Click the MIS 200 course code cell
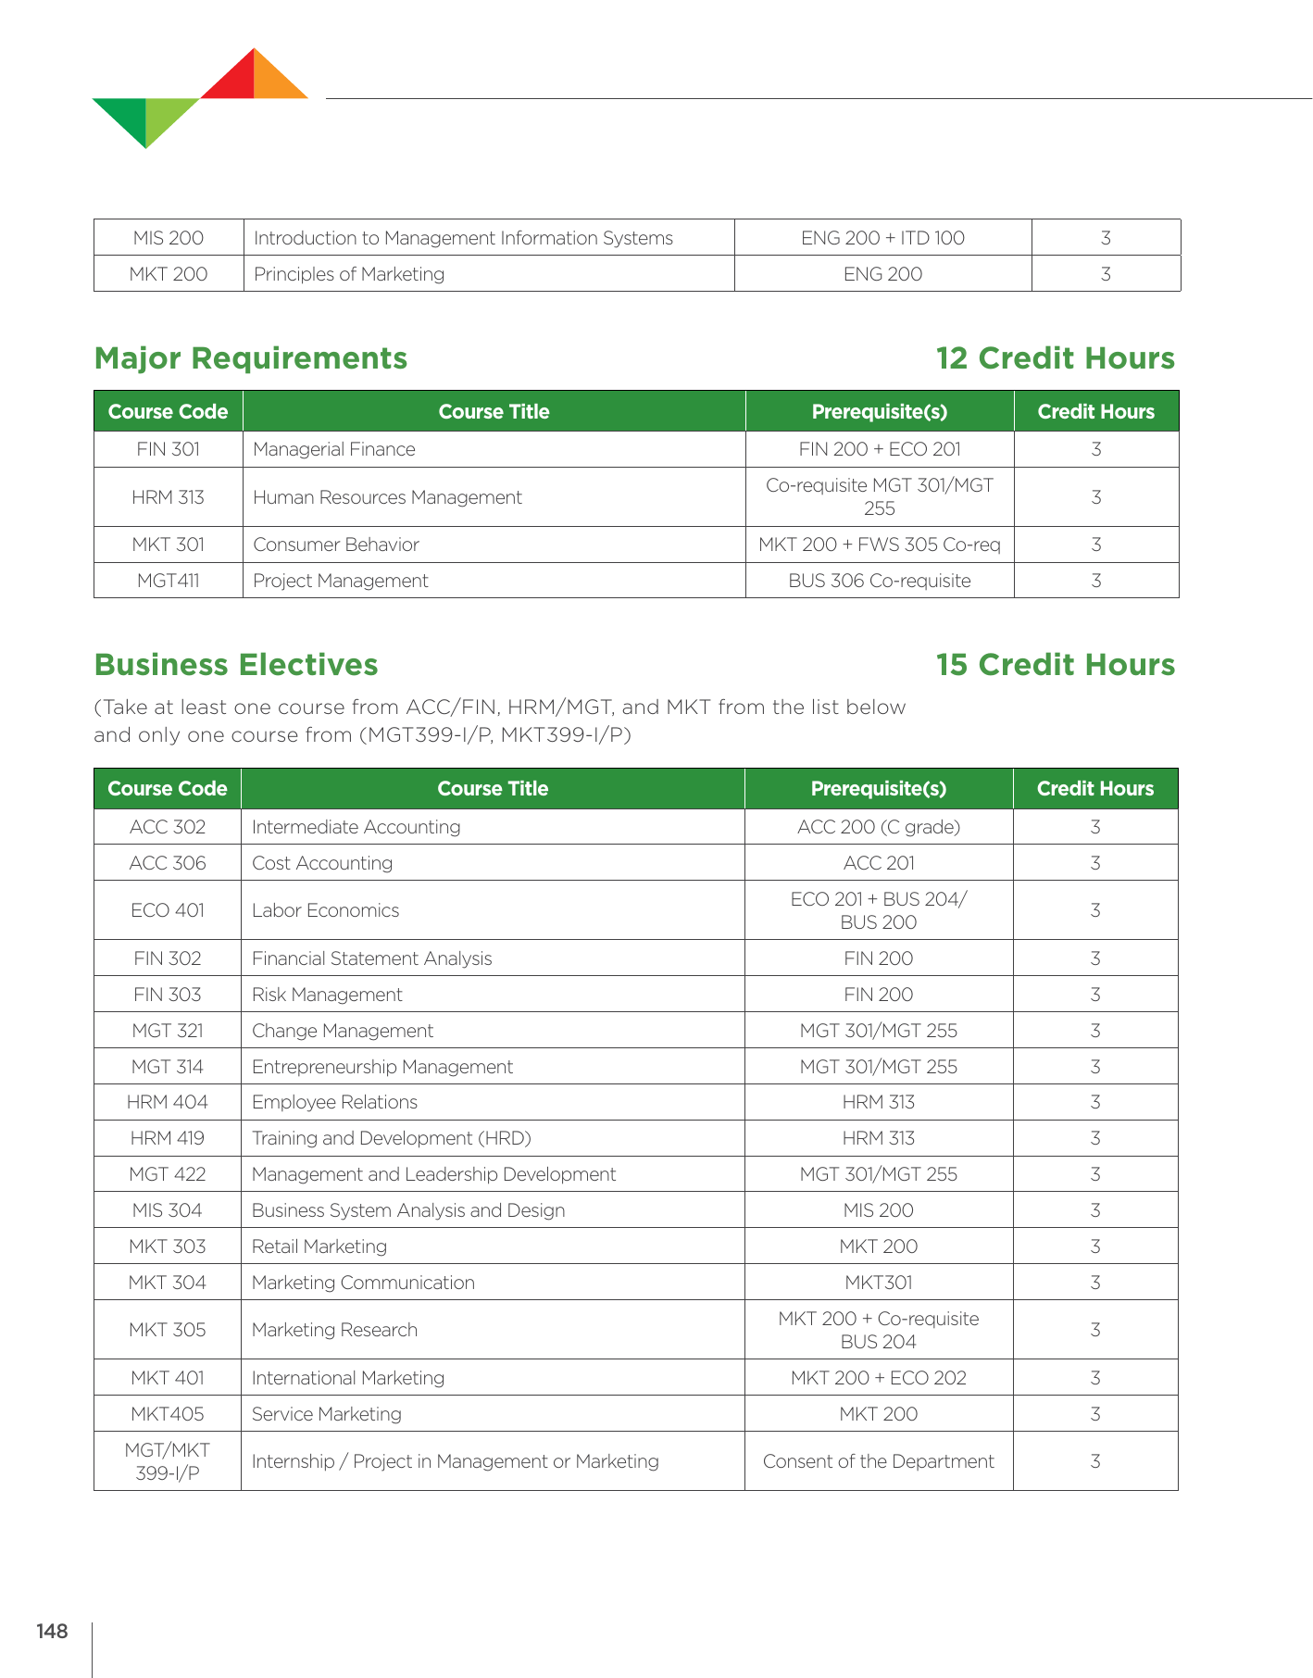tap(168, 238)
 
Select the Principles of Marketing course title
tap(349, 274)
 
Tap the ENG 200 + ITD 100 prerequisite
tap(882, 238)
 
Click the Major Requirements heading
tap(251, 358)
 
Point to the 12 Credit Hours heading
tap(1055, 358)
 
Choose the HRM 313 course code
tap(168, 497)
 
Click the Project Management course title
tap(341, 581)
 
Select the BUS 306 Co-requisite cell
tap(879, 581)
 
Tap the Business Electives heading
tap(236, 665)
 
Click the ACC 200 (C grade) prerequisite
tap(878, 827)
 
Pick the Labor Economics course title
tap(326, 910)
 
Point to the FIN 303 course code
tap(167, 995)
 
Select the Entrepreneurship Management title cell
tap(382, 1067)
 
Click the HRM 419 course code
tap(167, 1138)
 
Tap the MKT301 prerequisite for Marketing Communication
tap(878, 1283)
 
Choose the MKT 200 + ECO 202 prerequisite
tap(878, 1378)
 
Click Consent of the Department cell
tap(878, 1461)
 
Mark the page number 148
tap(53, 1632)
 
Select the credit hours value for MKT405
tap(1095, 1414)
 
